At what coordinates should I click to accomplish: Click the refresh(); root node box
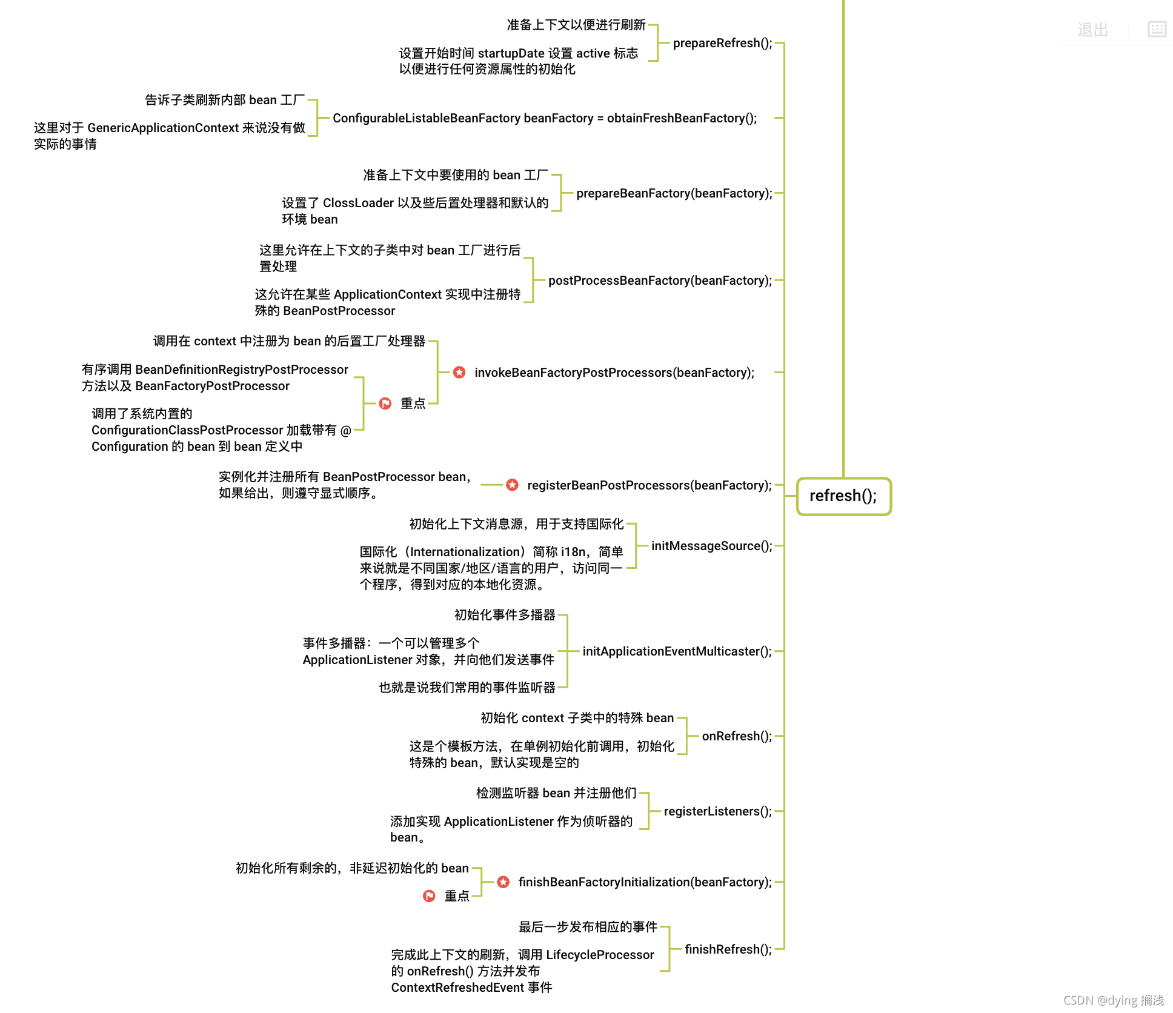843,496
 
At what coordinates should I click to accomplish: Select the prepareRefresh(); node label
722,43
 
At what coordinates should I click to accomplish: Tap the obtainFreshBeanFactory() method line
545,118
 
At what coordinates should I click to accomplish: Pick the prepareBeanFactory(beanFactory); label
674,193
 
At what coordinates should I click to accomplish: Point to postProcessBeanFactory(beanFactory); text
660,281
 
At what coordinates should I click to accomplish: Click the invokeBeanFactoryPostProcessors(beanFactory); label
614,373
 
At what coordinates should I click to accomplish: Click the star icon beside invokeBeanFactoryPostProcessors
459,372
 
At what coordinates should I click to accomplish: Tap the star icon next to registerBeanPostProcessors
513,485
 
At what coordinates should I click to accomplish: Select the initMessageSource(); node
711,546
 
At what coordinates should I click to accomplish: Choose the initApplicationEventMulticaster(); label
677,651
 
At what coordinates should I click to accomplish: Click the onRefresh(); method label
737,736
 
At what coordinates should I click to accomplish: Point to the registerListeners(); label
717,811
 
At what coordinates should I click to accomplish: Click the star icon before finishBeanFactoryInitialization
503,882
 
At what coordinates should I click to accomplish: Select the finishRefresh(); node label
728,949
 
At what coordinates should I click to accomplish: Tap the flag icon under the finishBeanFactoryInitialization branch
429,896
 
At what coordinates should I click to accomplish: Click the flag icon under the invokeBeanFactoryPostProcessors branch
385,404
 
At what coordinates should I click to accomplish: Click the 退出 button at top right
1092,30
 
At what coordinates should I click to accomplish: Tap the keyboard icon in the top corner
1157,29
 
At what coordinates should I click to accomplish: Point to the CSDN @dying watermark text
1113,1000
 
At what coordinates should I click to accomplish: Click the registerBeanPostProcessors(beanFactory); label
649,485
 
